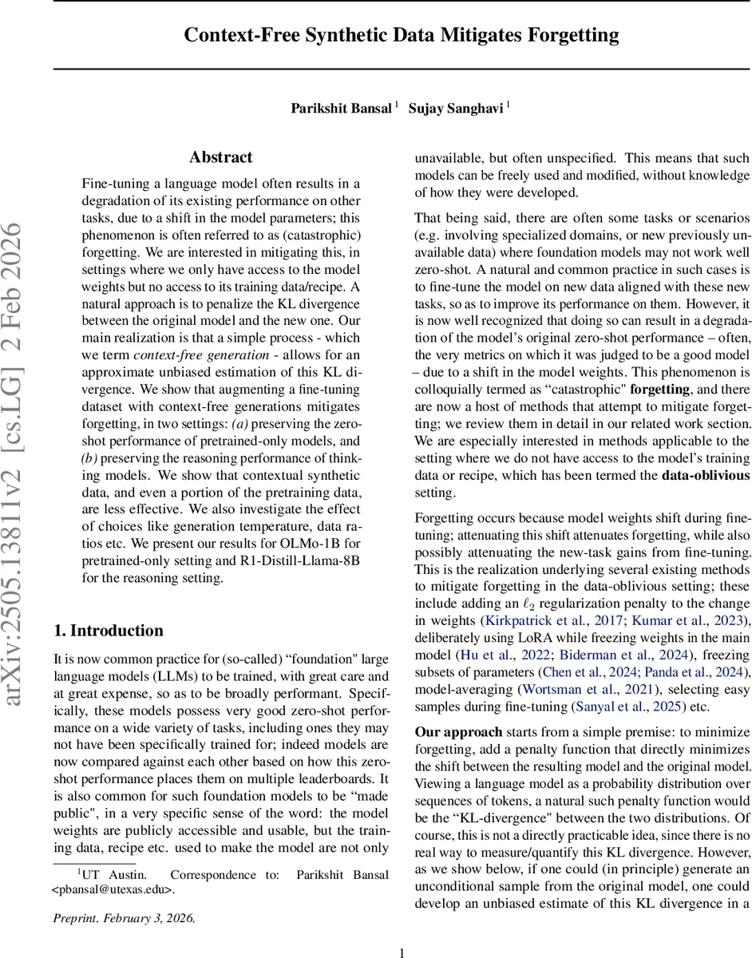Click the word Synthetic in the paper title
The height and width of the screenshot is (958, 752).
pyautogui.click(x=346, y=35)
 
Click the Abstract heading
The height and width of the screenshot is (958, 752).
pyautogui.click(x=221, y=157)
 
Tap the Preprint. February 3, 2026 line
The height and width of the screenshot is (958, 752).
pyautogui.click(x=124, y=917)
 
